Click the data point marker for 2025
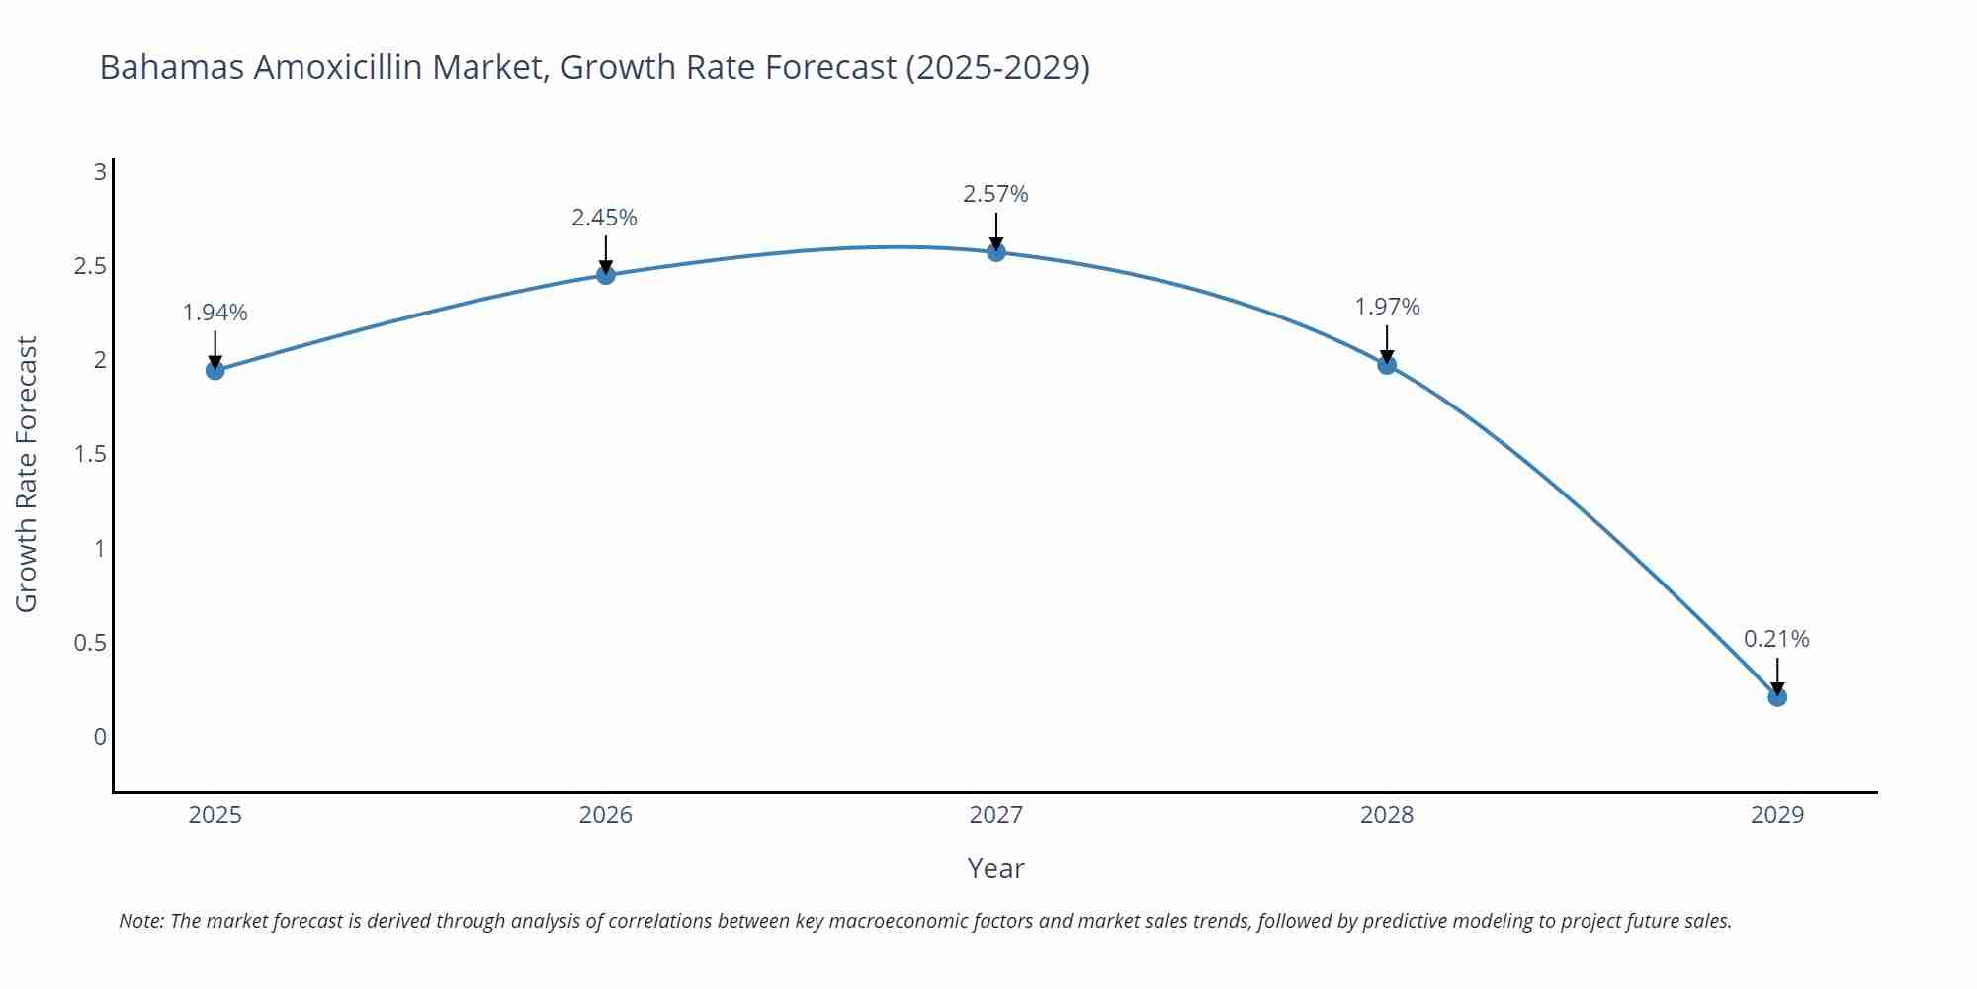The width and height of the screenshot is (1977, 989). click(215, 370)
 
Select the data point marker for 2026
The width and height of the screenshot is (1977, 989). click(606, 274)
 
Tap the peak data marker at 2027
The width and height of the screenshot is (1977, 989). click(996, 251)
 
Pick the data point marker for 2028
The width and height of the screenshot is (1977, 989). click(1387, 364)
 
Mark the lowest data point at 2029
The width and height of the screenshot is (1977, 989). click(1777, 696)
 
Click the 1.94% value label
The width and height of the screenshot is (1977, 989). click(215, 313)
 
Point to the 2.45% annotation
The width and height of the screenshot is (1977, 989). click(604, 218)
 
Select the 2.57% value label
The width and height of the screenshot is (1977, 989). click(995, 194)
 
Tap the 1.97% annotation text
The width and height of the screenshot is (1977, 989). click(1387, 307)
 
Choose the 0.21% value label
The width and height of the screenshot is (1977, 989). click(1776, 639)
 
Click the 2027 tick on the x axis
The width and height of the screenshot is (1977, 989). click(996, 815)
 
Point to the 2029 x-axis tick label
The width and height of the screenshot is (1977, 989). click(1777, 815)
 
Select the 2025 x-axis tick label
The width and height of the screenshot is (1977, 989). click(215, 815)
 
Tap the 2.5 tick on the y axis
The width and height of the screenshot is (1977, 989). click(90, 266)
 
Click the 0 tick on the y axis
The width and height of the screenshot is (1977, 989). click(100, 737)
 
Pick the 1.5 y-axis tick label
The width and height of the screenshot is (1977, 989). click(90, 454)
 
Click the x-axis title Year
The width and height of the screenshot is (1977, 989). click(995, 868)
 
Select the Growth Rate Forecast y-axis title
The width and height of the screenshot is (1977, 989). click(27, 474)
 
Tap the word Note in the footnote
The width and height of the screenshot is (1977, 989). click(140, 921)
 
